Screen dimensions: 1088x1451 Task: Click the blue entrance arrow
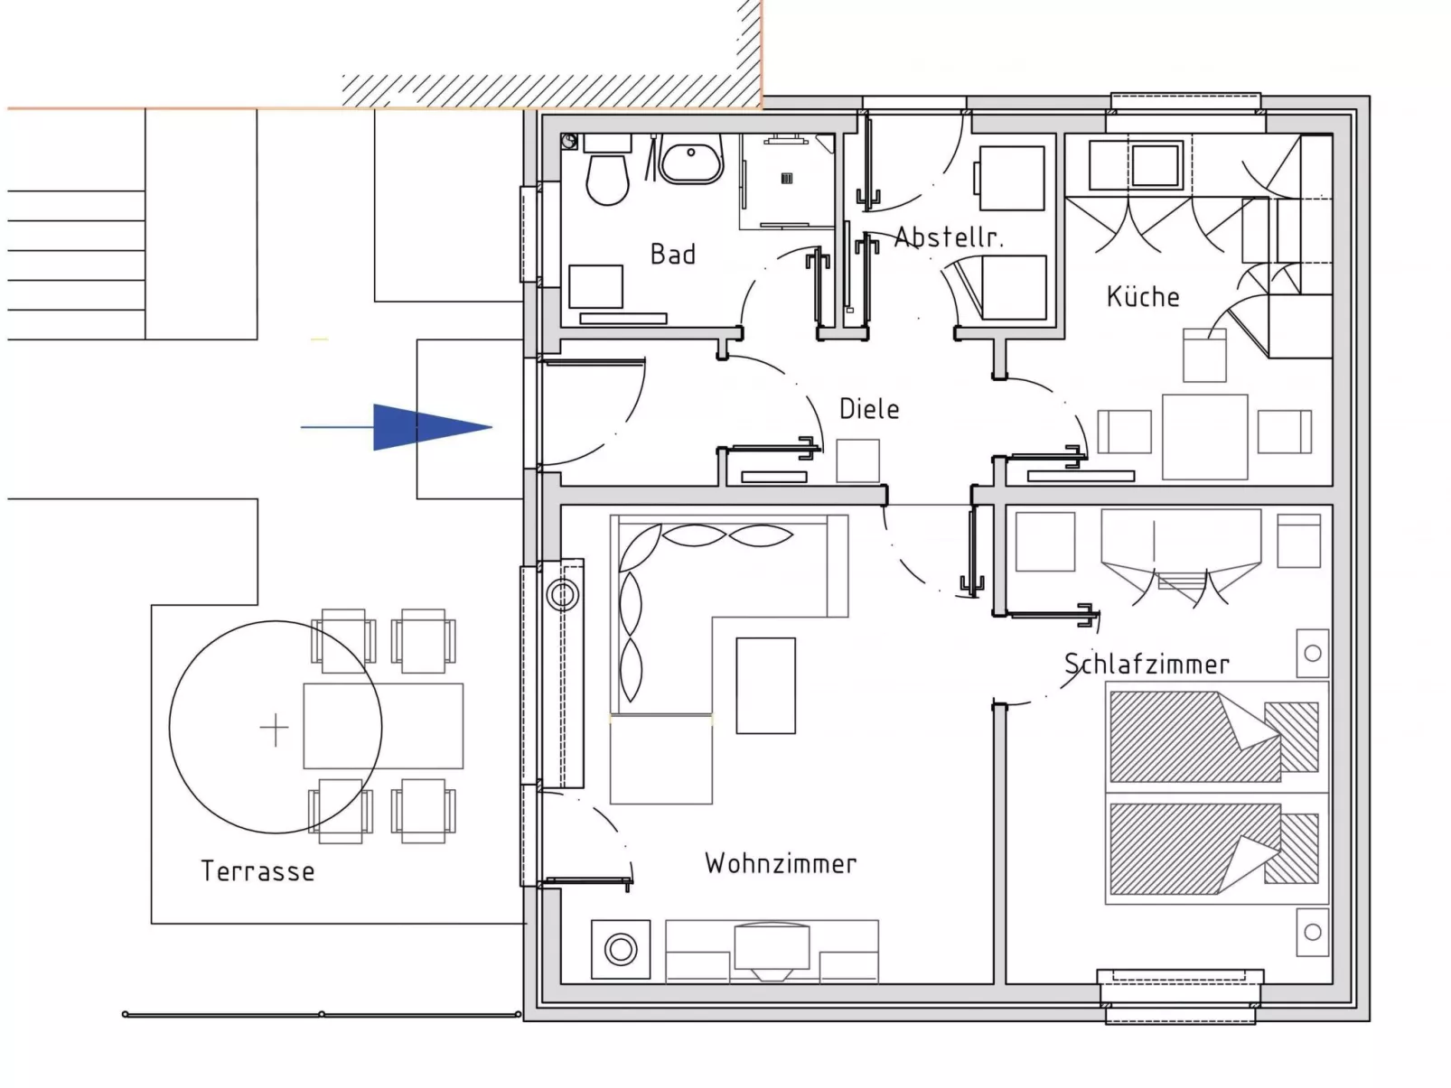point(425,426)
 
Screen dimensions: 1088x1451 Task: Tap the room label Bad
point(673,255)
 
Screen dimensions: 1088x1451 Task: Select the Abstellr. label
point(949,237)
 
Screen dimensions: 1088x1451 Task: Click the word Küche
point(1143,296)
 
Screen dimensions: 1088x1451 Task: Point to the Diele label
point(869,408)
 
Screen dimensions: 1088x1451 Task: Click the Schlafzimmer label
point(1147,665)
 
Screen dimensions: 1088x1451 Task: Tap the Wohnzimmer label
point(781,863)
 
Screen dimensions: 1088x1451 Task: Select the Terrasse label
point(257,871)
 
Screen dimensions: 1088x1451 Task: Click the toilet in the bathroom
point(607,177)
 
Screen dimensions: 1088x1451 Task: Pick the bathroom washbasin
point(691,163)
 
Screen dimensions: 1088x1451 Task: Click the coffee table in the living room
point(765,685)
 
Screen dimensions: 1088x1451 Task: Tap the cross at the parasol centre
point(274,728)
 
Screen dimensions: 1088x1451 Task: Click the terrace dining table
point(383,726)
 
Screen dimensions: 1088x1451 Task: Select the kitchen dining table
point(1204,436)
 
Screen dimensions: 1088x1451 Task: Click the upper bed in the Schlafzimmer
point(1213,736)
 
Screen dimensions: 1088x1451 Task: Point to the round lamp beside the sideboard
point(621,949)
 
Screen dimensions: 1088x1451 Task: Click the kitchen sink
point(1156,164)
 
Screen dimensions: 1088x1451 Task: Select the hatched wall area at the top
point(551,89)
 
